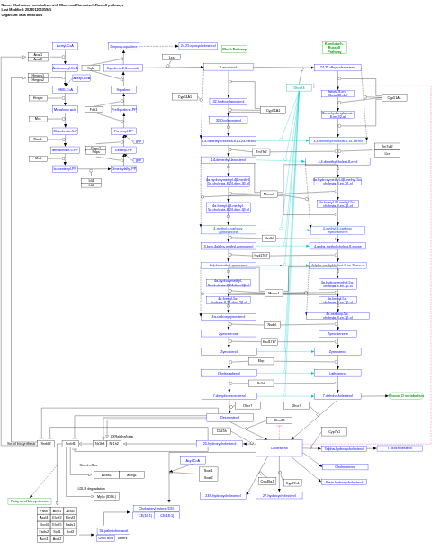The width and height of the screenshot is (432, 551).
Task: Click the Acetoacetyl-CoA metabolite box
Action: tap(65, 68)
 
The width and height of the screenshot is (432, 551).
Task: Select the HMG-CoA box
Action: tap(65, 89)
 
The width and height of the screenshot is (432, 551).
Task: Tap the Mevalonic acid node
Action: tap(65, 109)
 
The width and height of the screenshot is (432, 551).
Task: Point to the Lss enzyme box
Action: tap(171, 57)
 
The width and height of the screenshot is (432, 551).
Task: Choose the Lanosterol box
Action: tap(228, 67)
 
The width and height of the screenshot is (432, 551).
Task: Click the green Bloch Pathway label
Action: tap(234, 50)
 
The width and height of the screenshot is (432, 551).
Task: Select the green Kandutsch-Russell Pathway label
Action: tap(334, 47)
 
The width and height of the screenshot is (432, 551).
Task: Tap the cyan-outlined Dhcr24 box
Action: tap(300, 87)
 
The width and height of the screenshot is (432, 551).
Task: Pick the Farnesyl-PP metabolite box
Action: tap(123, 131)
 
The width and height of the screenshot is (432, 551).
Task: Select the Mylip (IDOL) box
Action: tap(106, 496)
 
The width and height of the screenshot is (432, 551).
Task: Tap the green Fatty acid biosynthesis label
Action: tap(29, 501)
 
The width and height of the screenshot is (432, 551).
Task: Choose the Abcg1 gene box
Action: tap(131, 474)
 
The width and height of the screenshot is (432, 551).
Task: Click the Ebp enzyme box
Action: tap(260, 361)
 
